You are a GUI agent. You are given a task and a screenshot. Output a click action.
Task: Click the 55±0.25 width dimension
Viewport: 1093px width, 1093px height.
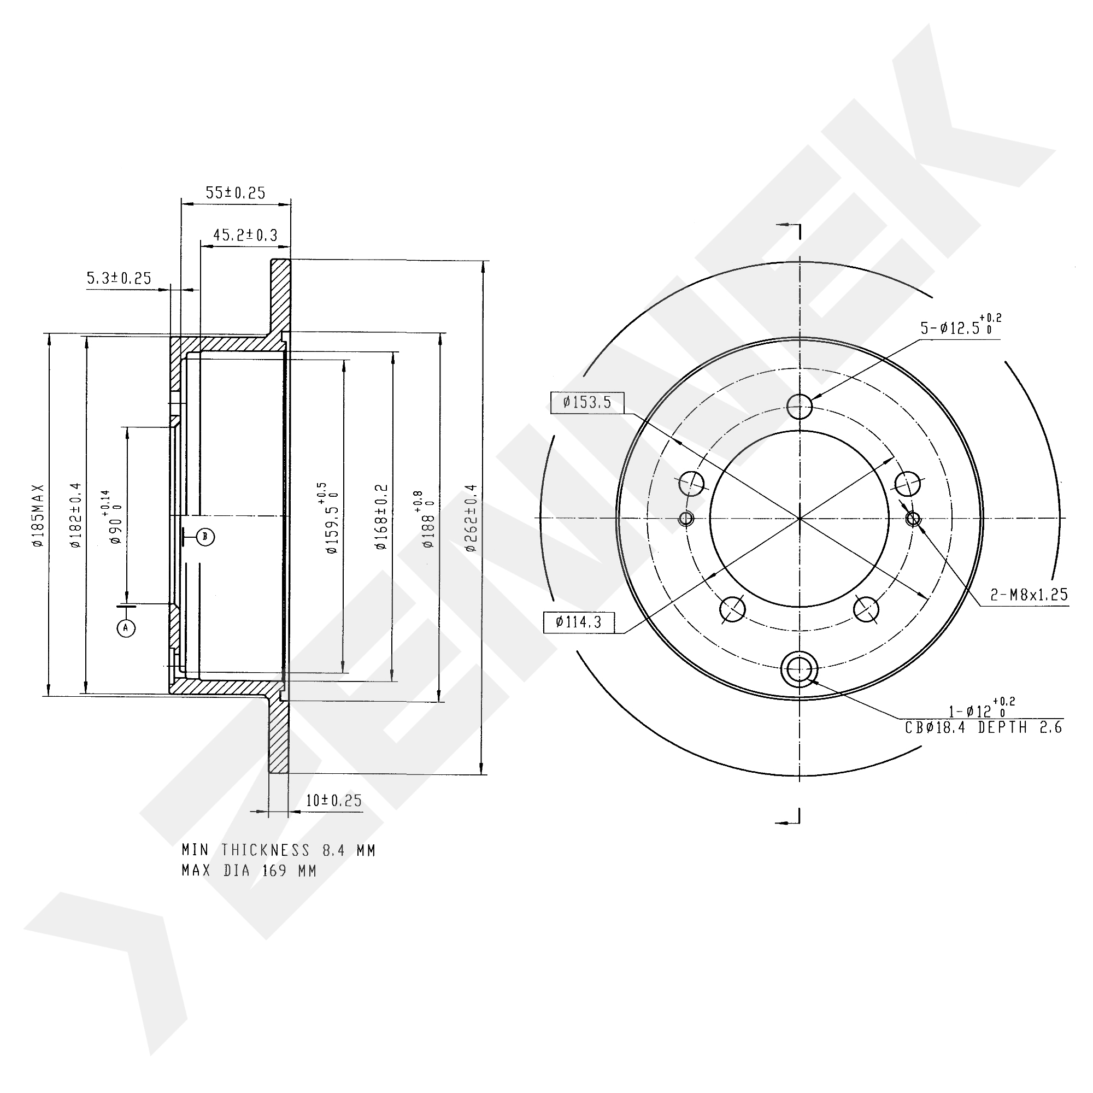(236, 193)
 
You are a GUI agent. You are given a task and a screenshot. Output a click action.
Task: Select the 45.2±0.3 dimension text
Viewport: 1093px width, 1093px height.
(245, 235)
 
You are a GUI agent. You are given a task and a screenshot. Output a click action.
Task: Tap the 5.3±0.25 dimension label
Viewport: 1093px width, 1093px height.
(119, 278)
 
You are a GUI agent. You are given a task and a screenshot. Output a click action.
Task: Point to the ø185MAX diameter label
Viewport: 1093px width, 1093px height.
(38, 515)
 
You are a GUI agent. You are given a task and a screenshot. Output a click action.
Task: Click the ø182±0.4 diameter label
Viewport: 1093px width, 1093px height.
(76, 515)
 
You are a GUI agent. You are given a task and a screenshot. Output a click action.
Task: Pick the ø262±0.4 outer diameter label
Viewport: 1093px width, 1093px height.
(471, 518)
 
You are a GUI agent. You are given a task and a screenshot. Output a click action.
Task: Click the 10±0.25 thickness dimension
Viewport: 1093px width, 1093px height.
(334, 801)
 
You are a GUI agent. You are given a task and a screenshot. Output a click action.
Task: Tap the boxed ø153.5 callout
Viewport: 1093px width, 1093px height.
(587, 403)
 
